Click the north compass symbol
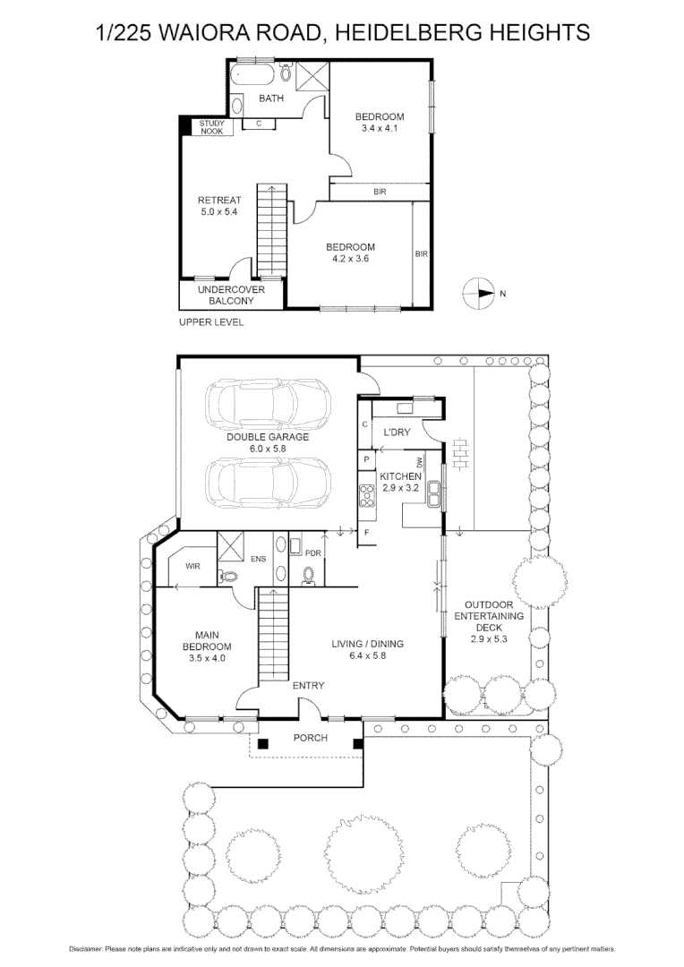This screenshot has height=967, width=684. (x=479, y=293)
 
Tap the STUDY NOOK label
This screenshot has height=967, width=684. (x=211, y=127)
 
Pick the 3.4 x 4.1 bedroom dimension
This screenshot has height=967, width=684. (x=379, y=129)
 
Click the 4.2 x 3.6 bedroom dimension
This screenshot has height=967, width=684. (x=350, y=259)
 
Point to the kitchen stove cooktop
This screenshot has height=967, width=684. (x=366, y=494)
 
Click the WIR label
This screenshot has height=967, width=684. (x=192, y=567)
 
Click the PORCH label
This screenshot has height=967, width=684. (x=311, y=738)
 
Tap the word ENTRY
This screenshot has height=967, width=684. (x=308, y=686)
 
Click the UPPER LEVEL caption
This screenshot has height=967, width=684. (x=210, y=322)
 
